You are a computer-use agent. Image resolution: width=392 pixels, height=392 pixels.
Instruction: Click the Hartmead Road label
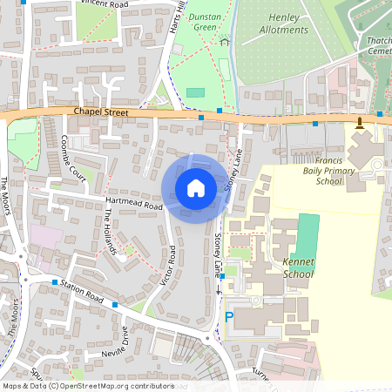click(130, 204)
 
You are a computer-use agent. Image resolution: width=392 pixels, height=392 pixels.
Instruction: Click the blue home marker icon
click(195, 187)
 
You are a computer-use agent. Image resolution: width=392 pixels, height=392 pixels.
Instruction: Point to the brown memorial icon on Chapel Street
click(361, 121)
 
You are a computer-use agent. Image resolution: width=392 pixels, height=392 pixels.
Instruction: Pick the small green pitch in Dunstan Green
click(195, 91)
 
